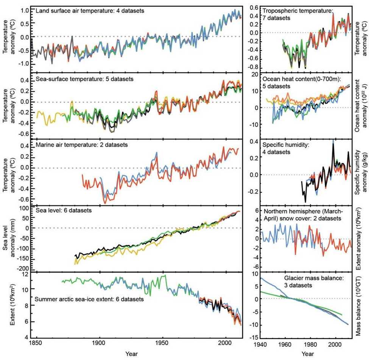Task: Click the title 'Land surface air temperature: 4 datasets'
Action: pyautogui.click(x=90, y=11)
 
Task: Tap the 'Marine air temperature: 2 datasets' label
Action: pyautogui.click(x=82, y=145)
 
